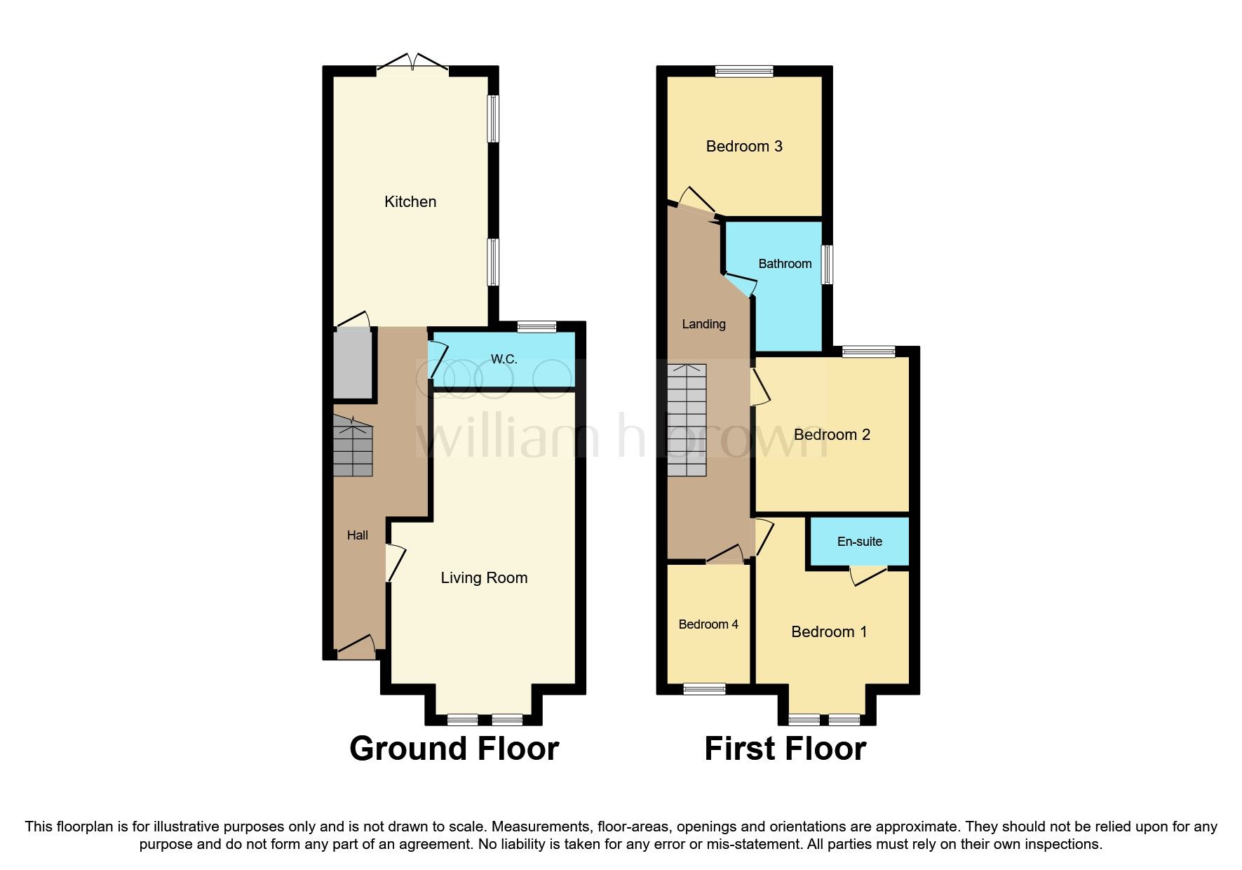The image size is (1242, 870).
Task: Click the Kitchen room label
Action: [410, 202]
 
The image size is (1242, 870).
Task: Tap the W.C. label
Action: [504, 359]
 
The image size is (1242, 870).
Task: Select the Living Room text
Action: [484, 578]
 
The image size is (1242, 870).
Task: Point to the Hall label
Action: [357, 535]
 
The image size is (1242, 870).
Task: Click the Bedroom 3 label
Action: [744, 147]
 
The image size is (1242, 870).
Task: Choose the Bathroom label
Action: [785, 264]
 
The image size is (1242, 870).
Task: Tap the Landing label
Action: [703, 324]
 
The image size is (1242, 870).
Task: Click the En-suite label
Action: [859, 542]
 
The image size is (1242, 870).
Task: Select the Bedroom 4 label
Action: [708, 624]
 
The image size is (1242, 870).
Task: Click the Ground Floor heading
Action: [454, 749]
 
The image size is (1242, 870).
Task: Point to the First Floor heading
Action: [785, 749]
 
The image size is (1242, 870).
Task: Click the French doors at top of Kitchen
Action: [412, 64]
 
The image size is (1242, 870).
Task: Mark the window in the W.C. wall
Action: [536, 326]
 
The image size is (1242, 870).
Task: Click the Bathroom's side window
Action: [828, 265]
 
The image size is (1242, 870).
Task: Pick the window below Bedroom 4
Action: [705, 689]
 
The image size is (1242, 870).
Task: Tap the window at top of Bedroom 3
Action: [744, 71]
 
